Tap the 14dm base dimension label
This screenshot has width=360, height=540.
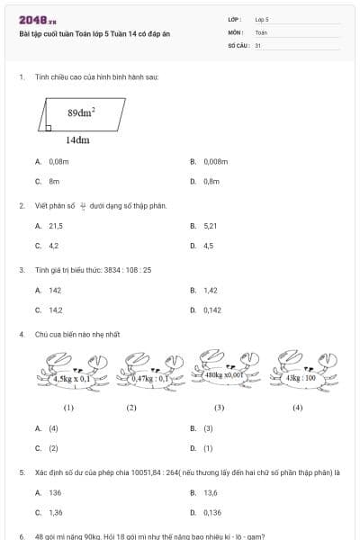point(77,140)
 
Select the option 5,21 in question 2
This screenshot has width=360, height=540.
point(211,226)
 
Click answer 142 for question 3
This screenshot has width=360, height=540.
point(55,291)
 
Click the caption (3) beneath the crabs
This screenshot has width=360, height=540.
point(219,408)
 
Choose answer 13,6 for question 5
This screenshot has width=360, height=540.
point(211,493)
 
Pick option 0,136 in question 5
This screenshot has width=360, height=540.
point(212,513)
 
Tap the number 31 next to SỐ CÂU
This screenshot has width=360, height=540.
point(258,44)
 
